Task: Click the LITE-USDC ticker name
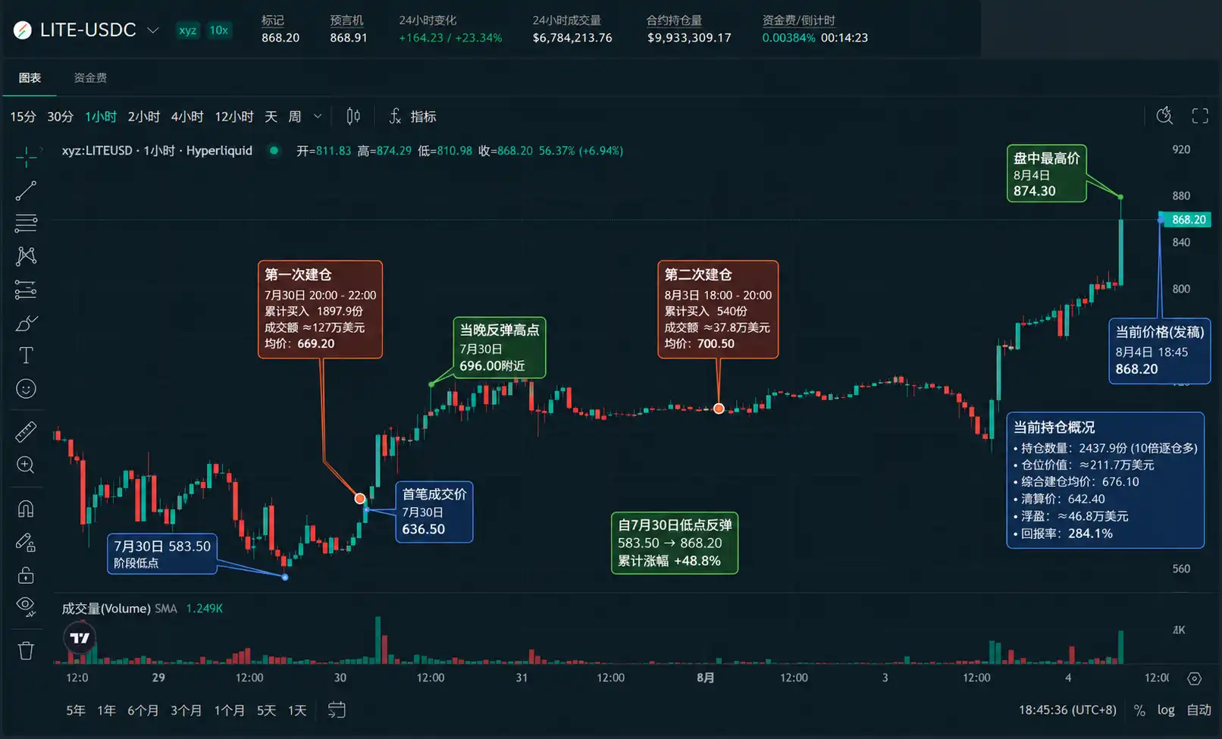(88, 30)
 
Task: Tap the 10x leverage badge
(219, 30)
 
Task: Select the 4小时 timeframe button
(187, 117)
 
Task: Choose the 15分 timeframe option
(23, 117)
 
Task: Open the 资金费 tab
(90, 77)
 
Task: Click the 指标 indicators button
(412, 116)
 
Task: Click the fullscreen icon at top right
(1200, 116)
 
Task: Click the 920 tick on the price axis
(1181, 149)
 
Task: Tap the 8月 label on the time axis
(705, 678)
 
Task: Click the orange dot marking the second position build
(719, 409)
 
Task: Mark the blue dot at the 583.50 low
(285, 577)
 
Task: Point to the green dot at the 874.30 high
(1120, 196)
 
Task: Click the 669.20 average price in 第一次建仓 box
(316, 343)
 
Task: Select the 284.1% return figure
(1090, 534)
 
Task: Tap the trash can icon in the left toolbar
(26, 650)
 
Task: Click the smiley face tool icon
(26, 389)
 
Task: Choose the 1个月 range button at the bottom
(229, 710)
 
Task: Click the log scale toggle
(1166, 709)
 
